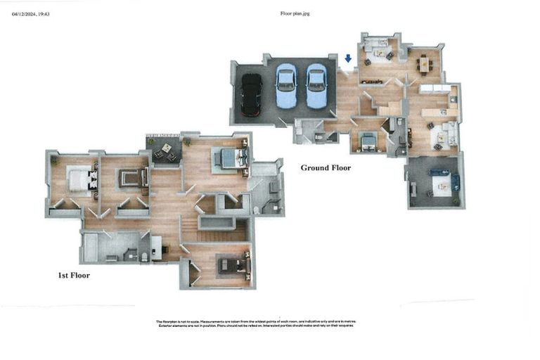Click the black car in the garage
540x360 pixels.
click(x=251, y=94)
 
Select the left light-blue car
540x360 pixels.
click(x=286, y=86)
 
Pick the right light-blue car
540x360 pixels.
click(x=317, y=86)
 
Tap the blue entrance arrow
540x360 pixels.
click(x=348, y=59)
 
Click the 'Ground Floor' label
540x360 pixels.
click(x=326, y=168)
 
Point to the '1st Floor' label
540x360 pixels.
click(x=74, y=276)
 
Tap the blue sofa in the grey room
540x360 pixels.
click(x=439, y=172)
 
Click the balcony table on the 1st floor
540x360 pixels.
click(x=166, y=150)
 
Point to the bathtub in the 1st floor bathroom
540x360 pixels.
click(x=91, y=247)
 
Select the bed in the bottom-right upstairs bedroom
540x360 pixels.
click(x=233, y=265)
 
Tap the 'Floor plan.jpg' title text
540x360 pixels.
click(x=295, y=13)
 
